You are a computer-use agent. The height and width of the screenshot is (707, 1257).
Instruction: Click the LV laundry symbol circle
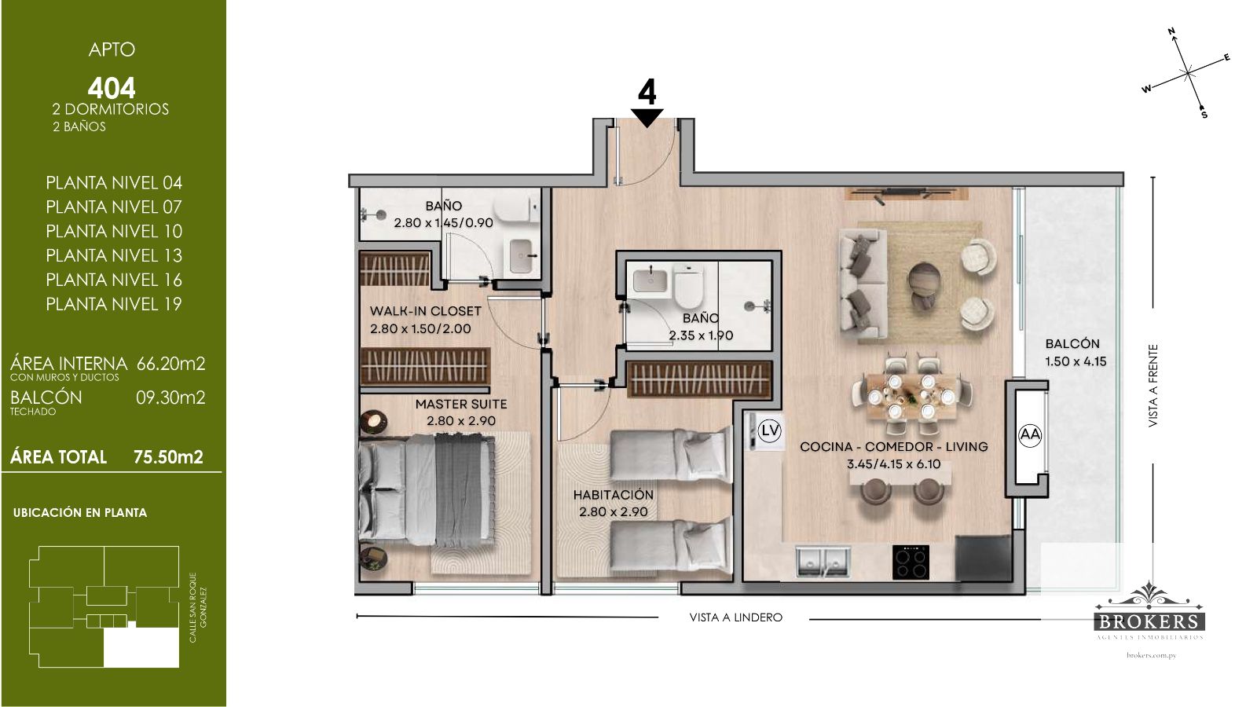[x=769, y=431]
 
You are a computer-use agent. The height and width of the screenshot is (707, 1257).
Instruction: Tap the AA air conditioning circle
[x=1030, y=435]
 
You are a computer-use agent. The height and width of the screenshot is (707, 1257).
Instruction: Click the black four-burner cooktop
[x=911, y=562]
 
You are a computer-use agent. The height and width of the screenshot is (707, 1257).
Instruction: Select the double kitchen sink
[x=823, y=562]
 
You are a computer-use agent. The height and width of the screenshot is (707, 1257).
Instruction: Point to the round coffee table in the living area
[x=924, y=279]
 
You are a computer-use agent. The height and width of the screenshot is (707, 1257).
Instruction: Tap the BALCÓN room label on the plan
[x=1072, y=343]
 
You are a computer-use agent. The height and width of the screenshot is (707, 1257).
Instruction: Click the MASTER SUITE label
[x=461, y=404]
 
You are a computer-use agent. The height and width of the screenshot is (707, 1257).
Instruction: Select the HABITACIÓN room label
[x=614, y=495]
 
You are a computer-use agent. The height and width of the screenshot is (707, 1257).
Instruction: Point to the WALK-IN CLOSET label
[x=425, y=311]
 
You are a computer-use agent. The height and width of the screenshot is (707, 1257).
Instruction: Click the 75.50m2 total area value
[x=168, y=457]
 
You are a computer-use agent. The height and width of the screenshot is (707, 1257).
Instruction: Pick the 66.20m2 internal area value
[x=171, y=364]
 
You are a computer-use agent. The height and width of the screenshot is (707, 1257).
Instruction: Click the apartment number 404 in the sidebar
[x=112, y=88]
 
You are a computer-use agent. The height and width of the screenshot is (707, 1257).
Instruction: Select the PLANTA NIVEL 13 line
[x=114, y=255]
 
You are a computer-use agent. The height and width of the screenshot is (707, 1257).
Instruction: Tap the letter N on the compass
[x=1172, y=31]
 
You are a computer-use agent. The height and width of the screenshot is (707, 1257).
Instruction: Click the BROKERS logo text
[x=1150, y=621]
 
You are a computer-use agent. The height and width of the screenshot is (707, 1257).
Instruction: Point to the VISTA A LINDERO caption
[x=735, y=617]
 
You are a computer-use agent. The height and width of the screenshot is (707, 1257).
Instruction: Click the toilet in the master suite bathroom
[x=516, y=213]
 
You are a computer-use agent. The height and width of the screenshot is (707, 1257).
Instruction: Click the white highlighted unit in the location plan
[x=141, y=647]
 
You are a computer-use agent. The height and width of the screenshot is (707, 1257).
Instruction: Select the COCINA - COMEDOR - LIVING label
[x=894, y=447]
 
